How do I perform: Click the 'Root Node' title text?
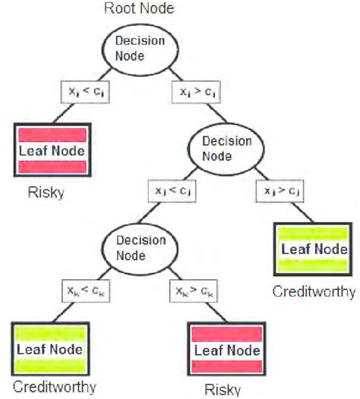pyautogui.click(x=141, y=9)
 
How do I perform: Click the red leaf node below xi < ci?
pyautogui.click(x=51, y=150)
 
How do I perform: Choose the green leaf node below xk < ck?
pyautogui.click(x=49, y=350)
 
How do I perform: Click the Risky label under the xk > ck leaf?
pyautogui.click(x=223, y=390)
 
